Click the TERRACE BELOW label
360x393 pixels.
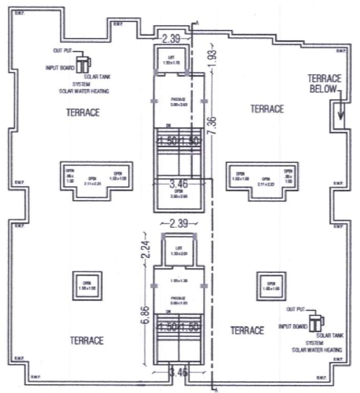click(x=322, y=83)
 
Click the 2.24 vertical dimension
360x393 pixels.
click(x=145, y=250)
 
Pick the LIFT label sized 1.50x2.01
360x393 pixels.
click(x=178, y=251)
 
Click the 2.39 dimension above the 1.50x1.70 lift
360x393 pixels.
click(x=171, y=39)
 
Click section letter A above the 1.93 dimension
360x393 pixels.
click(x=197, y=22)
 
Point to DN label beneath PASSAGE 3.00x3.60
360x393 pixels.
click(x=169, y=125)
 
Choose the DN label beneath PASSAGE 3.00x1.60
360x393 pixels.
click(x=169, y=311)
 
